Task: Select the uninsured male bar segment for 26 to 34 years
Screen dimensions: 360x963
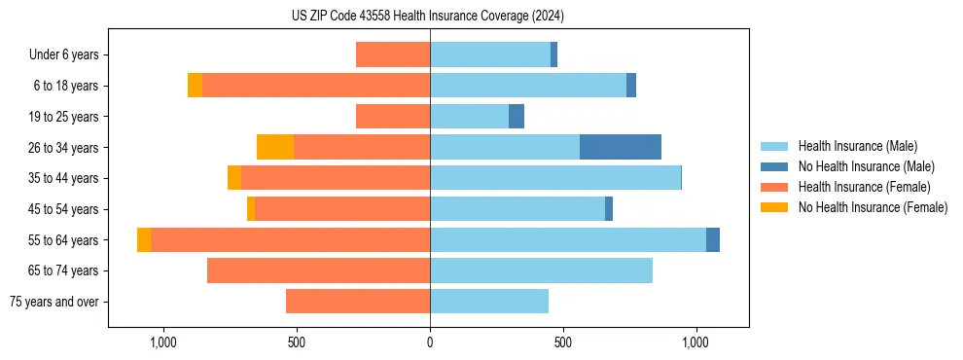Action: (620, 147)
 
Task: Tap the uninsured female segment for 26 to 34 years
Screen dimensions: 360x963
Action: (275, 147)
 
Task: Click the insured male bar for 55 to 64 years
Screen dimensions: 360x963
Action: (568, 239)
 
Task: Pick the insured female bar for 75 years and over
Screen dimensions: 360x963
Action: (358, 302)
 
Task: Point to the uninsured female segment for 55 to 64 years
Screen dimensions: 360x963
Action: (144, 239)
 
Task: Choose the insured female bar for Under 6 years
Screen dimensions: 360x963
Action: (393, 54)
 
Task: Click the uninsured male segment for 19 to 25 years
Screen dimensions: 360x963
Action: (517, 116)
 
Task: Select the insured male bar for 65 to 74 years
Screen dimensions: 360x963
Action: (541, 270)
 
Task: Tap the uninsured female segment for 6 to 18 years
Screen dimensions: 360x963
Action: (195, 86)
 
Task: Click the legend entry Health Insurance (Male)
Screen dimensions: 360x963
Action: (857, 146)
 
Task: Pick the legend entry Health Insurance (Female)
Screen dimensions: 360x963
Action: (864, 187)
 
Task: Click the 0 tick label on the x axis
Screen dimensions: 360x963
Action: (430, 343)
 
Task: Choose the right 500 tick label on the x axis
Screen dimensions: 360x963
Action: (563, 343)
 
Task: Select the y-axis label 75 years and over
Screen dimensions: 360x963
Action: (53, 302)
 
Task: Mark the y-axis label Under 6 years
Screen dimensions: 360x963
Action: (64, 54)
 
